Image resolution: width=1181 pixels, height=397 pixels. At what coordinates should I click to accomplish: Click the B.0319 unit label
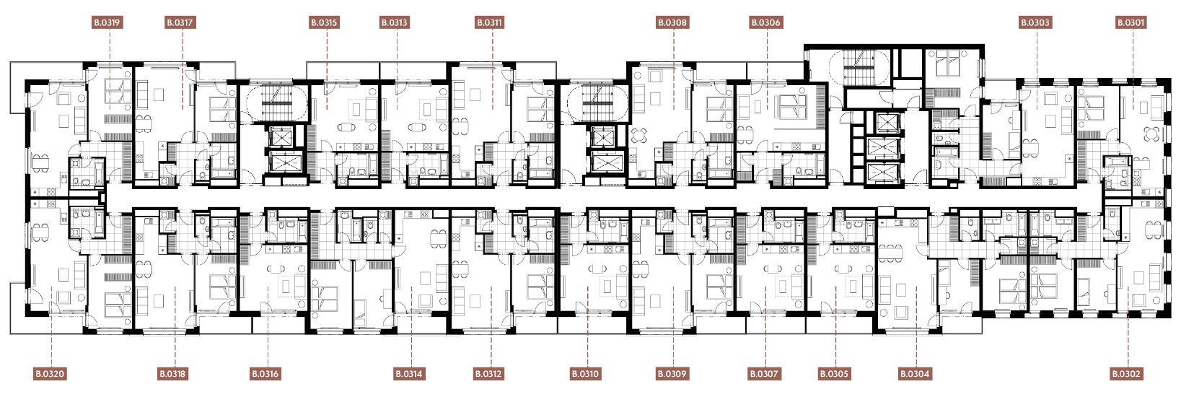point(107,22)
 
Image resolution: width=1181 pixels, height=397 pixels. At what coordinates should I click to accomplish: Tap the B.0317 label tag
point(180,22)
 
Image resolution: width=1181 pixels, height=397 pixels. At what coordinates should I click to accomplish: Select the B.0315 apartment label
point(324,22)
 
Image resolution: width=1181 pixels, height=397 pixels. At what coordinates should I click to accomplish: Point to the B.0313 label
point(395,22)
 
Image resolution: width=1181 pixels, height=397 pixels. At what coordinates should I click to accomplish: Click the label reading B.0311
point(489,22)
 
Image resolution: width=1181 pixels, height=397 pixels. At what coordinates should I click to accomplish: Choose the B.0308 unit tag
point(673,22)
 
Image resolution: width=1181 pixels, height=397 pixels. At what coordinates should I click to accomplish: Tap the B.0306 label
point(765,22)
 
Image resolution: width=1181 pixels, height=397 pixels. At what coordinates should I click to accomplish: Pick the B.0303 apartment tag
point(1035,22)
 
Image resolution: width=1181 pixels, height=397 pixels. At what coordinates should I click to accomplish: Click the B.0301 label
point(1131,22)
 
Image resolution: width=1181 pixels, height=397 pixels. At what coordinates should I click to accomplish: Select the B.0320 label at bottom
point(50,375)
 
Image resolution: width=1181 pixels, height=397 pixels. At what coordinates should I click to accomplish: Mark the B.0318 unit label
point(172,375)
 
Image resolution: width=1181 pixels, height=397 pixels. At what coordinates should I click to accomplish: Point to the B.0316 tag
point(265,375)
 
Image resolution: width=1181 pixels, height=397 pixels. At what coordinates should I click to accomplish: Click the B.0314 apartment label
point(409,375)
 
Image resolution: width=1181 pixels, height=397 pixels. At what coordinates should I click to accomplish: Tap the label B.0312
point(488,375)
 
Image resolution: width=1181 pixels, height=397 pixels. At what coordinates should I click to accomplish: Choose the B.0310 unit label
point(585,375)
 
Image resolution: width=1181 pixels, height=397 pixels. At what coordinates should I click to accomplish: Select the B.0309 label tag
point(672,375)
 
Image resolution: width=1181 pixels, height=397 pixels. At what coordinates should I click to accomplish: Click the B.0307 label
point(764,375)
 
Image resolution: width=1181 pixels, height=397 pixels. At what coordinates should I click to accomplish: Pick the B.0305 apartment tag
point(834,375)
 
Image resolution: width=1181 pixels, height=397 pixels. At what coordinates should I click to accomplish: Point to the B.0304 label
point(916,375)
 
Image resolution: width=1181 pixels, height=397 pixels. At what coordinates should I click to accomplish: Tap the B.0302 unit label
point(1126,375)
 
